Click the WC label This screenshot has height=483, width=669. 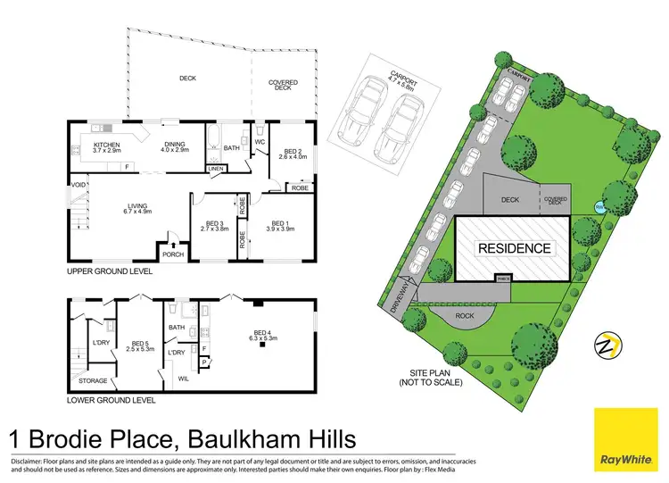260,142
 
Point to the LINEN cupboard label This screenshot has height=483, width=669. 215,168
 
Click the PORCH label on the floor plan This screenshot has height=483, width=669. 172,253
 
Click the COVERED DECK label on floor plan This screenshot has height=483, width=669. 284,85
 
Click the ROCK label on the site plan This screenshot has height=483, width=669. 465,315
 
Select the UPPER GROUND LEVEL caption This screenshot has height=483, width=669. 110,271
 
